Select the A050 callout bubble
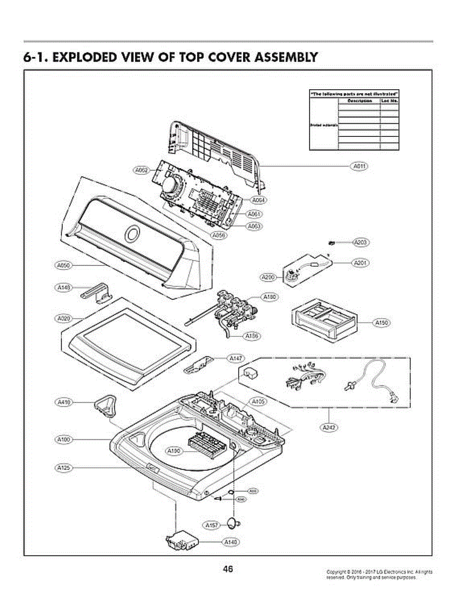pos(62,265)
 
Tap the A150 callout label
pos(381,323)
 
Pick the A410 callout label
pos(63,402)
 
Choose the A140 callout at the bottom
pos(230,542)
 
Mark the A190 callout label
pos(174,451)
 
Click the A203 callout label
pos(361,242)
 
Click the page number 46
pos(228,569)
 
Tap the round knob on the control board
pos(172,187)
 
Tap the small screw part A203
pos(332,243)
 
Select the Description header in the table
pos(359,100)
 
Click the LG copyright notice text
pos(379,574)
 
